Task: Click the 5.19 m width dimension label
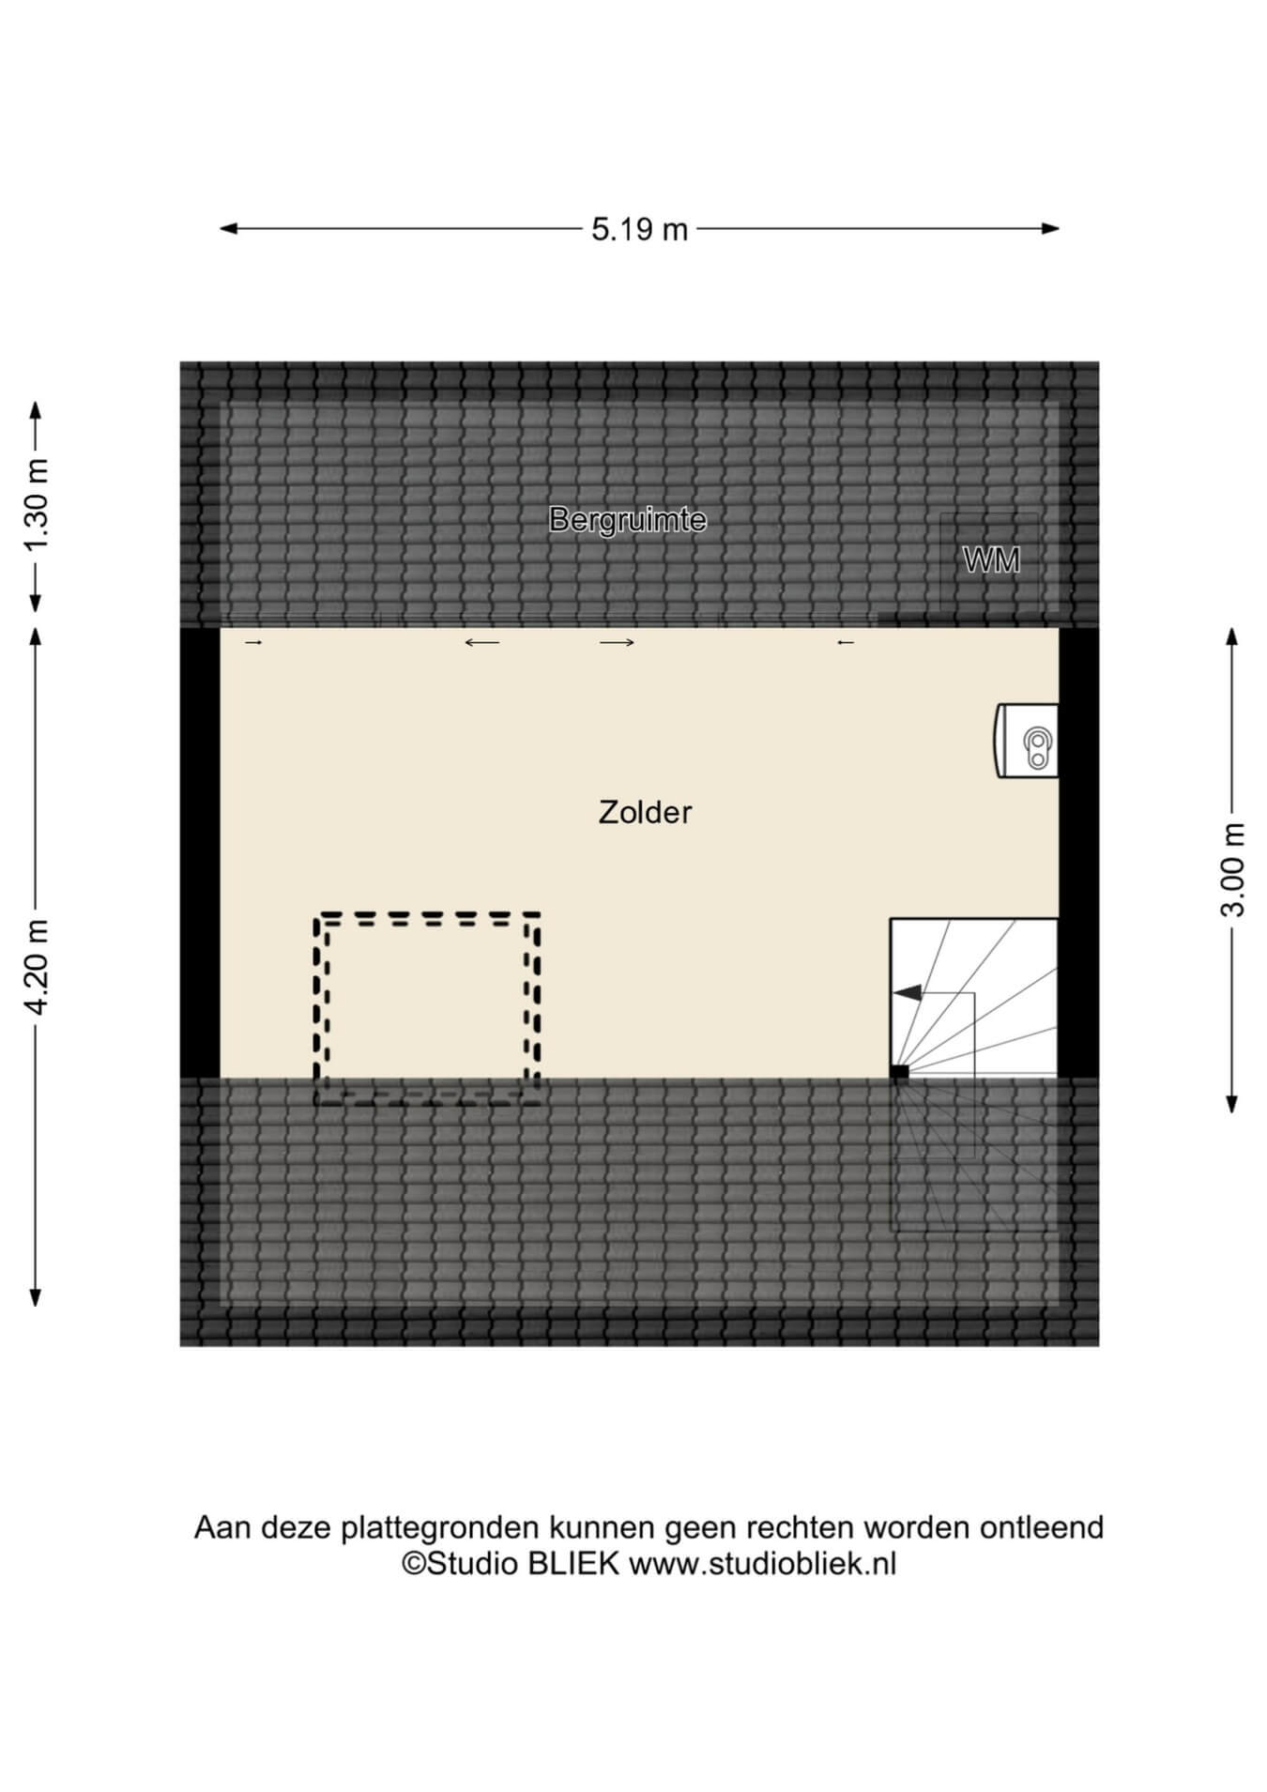tap(639, 229)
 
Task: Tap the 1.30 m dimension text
tap(37, 507)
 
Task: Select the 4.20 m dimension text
tap(37, 967)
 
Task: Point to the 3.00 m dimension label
tap(1233, 869)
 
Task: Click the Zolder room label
tap(645, 812)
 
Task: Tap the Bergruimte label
tap(628, 519)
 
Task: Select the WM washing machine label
tap(992, 560)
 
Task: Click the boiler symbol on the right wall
tap(1027, 741)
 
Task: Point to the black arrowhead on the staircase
tap(907, 992)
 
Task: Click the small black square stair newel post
tap(900, 1072)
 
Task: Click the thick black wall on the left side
tap(200, 852)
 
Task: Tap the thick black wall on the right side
tap(1078, 852)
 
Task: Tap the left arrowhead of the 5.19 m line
tap(228, 228)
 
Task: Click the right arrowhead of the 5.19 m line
tap(1051, 228)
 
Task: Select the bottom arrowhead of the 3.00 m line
tap(1232, 1104)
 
